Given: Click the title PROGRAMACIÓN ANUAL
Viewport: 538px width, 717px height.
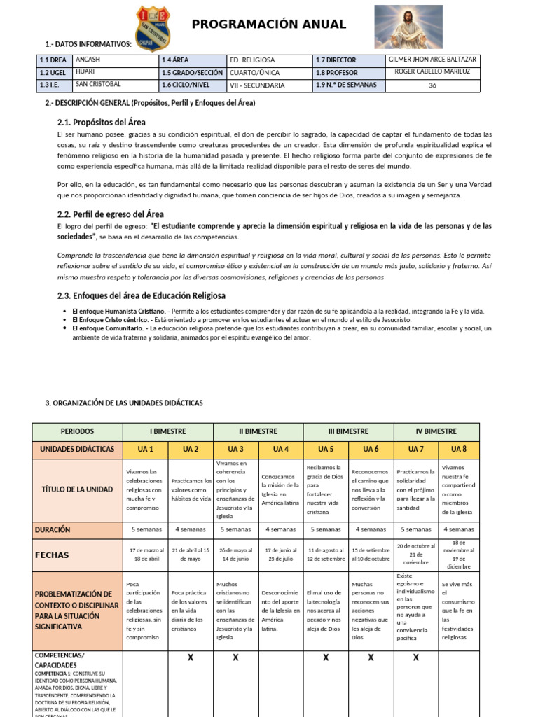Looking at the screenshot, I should pos(269,25).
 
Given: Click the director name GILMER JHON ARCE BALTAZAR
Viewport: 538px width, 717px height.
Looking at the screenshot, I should pos(432,60).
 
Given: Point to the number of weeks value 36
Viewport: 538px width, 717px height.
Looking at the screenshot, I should pos(432,85).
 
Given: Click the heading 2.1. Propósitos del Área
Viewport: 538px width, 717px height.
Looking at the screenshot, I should pos(101,123).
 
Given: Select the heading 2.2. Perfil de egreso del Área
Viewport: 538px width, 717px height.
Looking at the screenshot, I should pos(110,214).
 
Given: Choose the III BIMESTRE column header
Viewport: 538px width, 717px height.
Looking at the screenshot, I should pos(348,432).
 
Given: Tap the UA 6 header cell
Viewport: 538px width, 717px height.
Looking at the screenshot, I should pos(371,449).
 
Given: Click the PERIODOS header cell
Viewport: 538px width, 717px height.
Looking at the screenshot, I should pos(77,432).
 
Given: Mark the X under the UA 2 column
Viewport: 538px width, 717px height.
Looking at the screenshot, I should pos(191,657).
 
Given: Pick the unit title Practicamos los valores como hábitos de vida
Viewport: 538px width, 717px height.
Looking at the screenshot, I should pos(191,489).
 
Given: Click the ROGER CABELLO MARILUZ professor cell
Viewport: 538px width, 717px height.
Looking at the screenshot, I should pos(432,72).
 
